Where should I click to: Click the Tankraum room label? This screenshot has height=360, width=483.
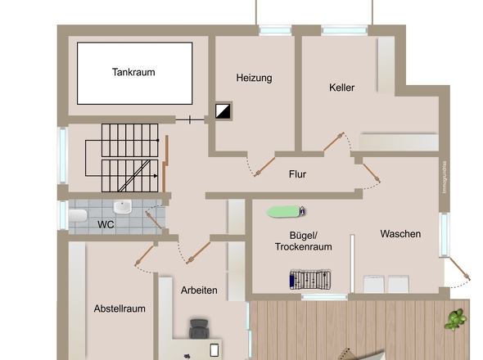coord(133,72)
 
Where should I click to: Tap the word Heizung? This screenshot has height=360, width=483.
coord(254,79)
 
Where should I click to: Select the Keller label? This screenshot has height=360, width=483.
coord(342,88)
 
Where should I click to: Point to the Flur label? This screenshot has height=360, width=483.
coord(297,174)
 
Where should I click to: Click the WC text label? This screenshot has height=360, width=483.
coord(106,223)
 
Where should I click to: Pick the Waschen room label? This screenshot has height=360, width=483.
coord(400,234)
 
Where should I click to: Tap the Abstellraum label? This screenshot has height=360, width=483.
coord(120,308)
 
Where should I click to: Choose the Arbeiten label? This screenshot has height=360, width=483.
coord(199,290)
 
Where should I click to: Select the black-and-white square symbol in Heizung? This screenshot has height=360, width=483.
coord(223,111)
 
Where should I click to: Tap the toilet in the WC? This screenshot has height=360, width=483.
coord(77,215)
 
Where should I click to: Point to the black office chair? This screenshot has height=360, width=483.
coord(200,329)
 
